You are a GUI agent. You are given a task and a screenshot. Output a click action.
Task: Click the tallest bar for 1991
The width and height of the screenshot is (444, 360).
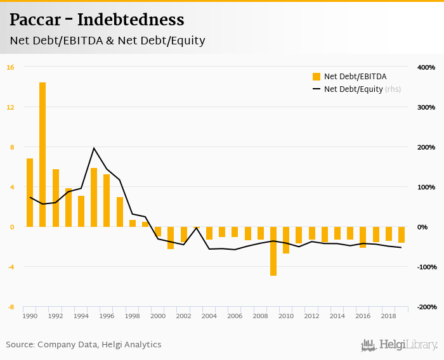click(42, 154)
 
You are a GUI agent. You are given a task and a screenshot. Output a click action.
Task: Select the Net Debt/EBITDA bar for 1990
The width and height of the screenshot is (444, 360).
click(30, 192)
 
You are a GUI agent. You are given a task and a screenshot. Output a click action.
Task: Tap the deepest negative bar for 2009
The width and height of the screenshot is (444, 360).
click(273, 251)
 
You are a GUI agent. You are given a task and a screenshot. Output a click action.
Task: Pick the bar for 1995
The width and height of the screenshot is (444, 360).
click(94, 197)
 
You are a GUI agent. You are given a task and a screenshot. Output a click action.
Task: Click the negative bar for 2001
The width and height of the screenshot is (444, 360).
click(171, 238)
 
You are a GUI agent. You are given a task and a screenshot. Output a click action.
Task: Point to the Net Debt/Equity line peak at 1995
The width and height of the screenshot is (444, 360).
click(94, 148)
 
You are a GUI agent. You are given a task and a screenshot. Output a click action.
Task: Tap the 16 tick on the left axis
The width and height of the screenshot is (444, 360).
click(11, 67)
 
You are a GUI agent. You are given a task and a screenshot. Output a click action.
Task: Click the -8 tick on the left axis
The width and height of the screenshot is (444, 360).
click(11, 307)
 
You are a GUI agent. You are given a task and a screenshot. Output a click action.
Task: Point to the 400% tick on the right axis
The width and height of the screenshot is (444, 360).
click(426, 67)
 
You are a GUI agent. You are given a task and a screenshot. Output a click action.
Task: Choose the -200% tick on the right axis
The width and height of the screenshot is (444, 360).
click(426, 307)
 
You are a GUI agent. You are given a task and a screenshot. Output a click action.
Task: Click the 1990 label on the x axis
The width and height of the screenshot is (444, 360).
click(30, 316)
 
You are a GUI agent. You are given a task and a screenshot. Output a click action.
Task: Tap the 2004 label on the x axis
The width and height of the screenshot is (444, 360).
click(209, 316)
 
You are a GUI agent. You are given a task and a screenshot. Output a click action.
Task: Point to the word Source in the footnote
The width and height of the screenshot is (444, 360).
click(21, 345)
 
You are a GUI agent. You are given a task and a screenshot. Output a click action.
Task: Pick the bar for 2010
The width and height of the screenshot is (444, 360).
click(286, 240)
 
